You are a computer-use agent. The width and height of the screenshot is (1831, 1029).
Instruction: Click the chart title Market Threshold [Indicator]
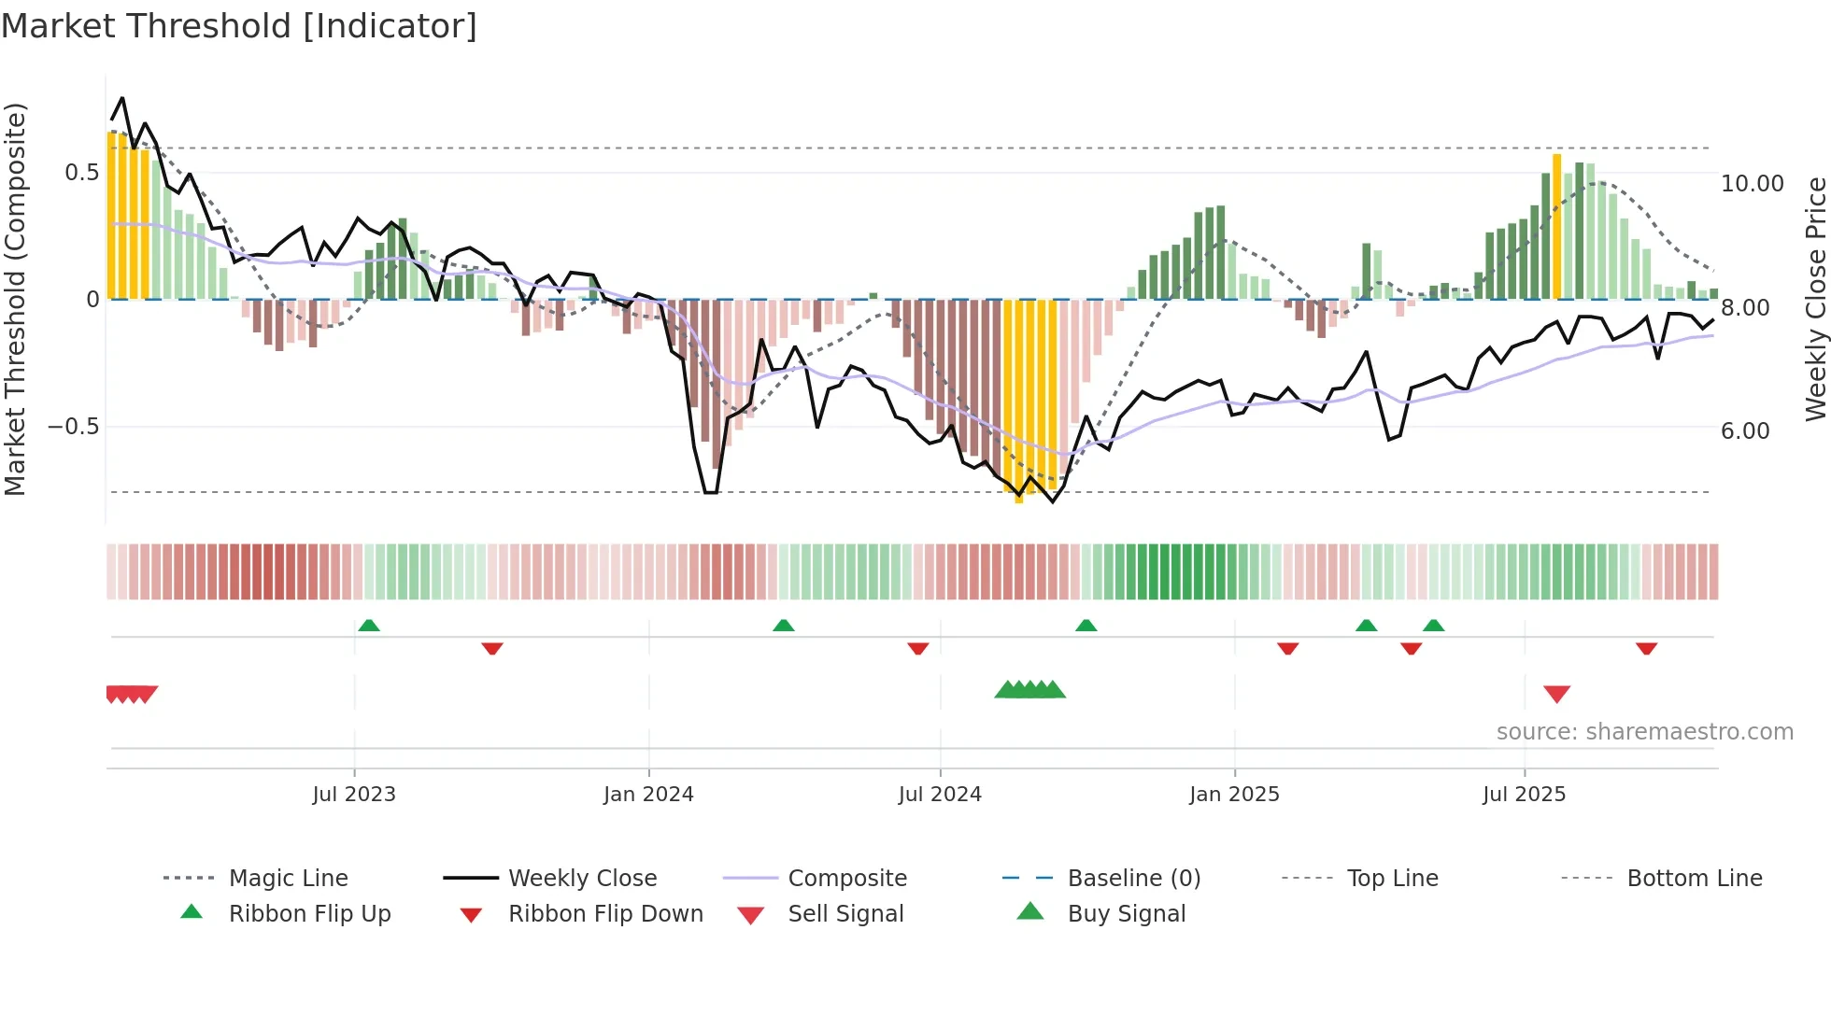point(239,26)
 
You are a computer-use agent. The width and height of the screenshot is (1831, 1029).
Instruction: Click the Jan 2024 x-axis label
point(648,794)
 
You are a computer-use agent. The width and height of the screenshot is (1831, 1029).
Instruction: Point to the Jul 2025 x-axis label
point(1524,794)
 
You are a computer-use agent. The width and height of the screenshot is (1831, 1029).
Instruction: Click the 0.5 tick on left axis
point(82,173)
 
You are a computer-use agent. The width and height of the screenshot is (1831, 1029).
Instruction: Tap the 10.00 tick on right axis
point(1752,184)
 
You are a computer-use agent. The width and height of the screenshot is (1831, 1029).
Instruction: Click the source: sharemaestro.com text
point(1644,731)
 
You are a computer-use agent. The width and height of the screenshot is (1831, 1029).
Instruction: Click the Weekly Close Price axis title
point(1815,299)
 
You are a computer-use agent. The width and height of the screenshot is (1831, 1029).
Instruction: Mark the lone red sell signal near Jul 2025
point(1556,694)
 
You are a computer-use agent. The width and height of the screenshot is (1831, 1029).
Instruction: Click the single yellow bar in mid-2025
point(1557,226)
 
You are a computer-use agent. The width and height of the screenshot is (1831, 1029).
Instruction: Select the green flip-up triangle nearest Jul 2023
point(369,626)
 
